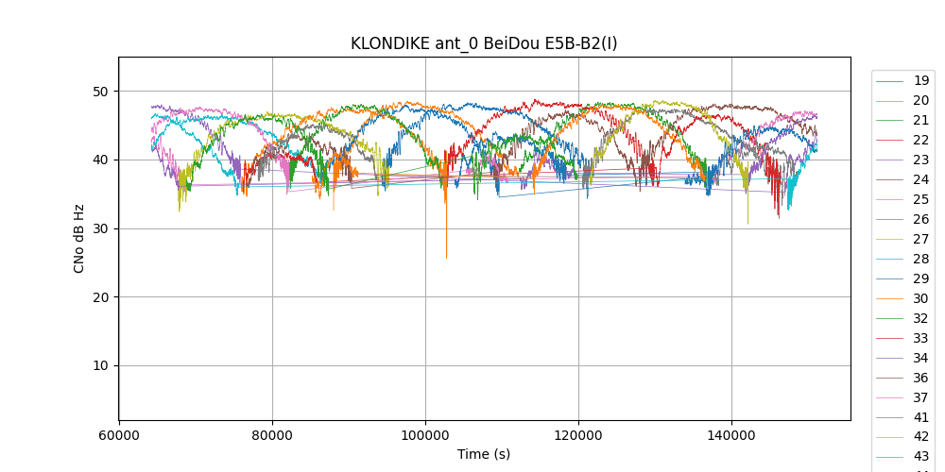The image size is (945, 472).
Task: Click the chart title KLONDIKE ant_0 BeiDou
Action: (x=484, y=43)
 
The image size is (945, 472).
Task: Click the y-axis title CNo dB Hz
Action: (x=79, y=239)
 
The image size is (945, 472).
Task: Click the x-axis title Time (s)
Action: (x=484, y=454)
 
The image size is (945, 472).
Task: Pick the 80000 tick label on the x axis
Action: (x=272, y=437)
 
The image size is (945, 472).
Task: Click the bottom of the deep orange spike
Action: (x=446, y=258)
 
